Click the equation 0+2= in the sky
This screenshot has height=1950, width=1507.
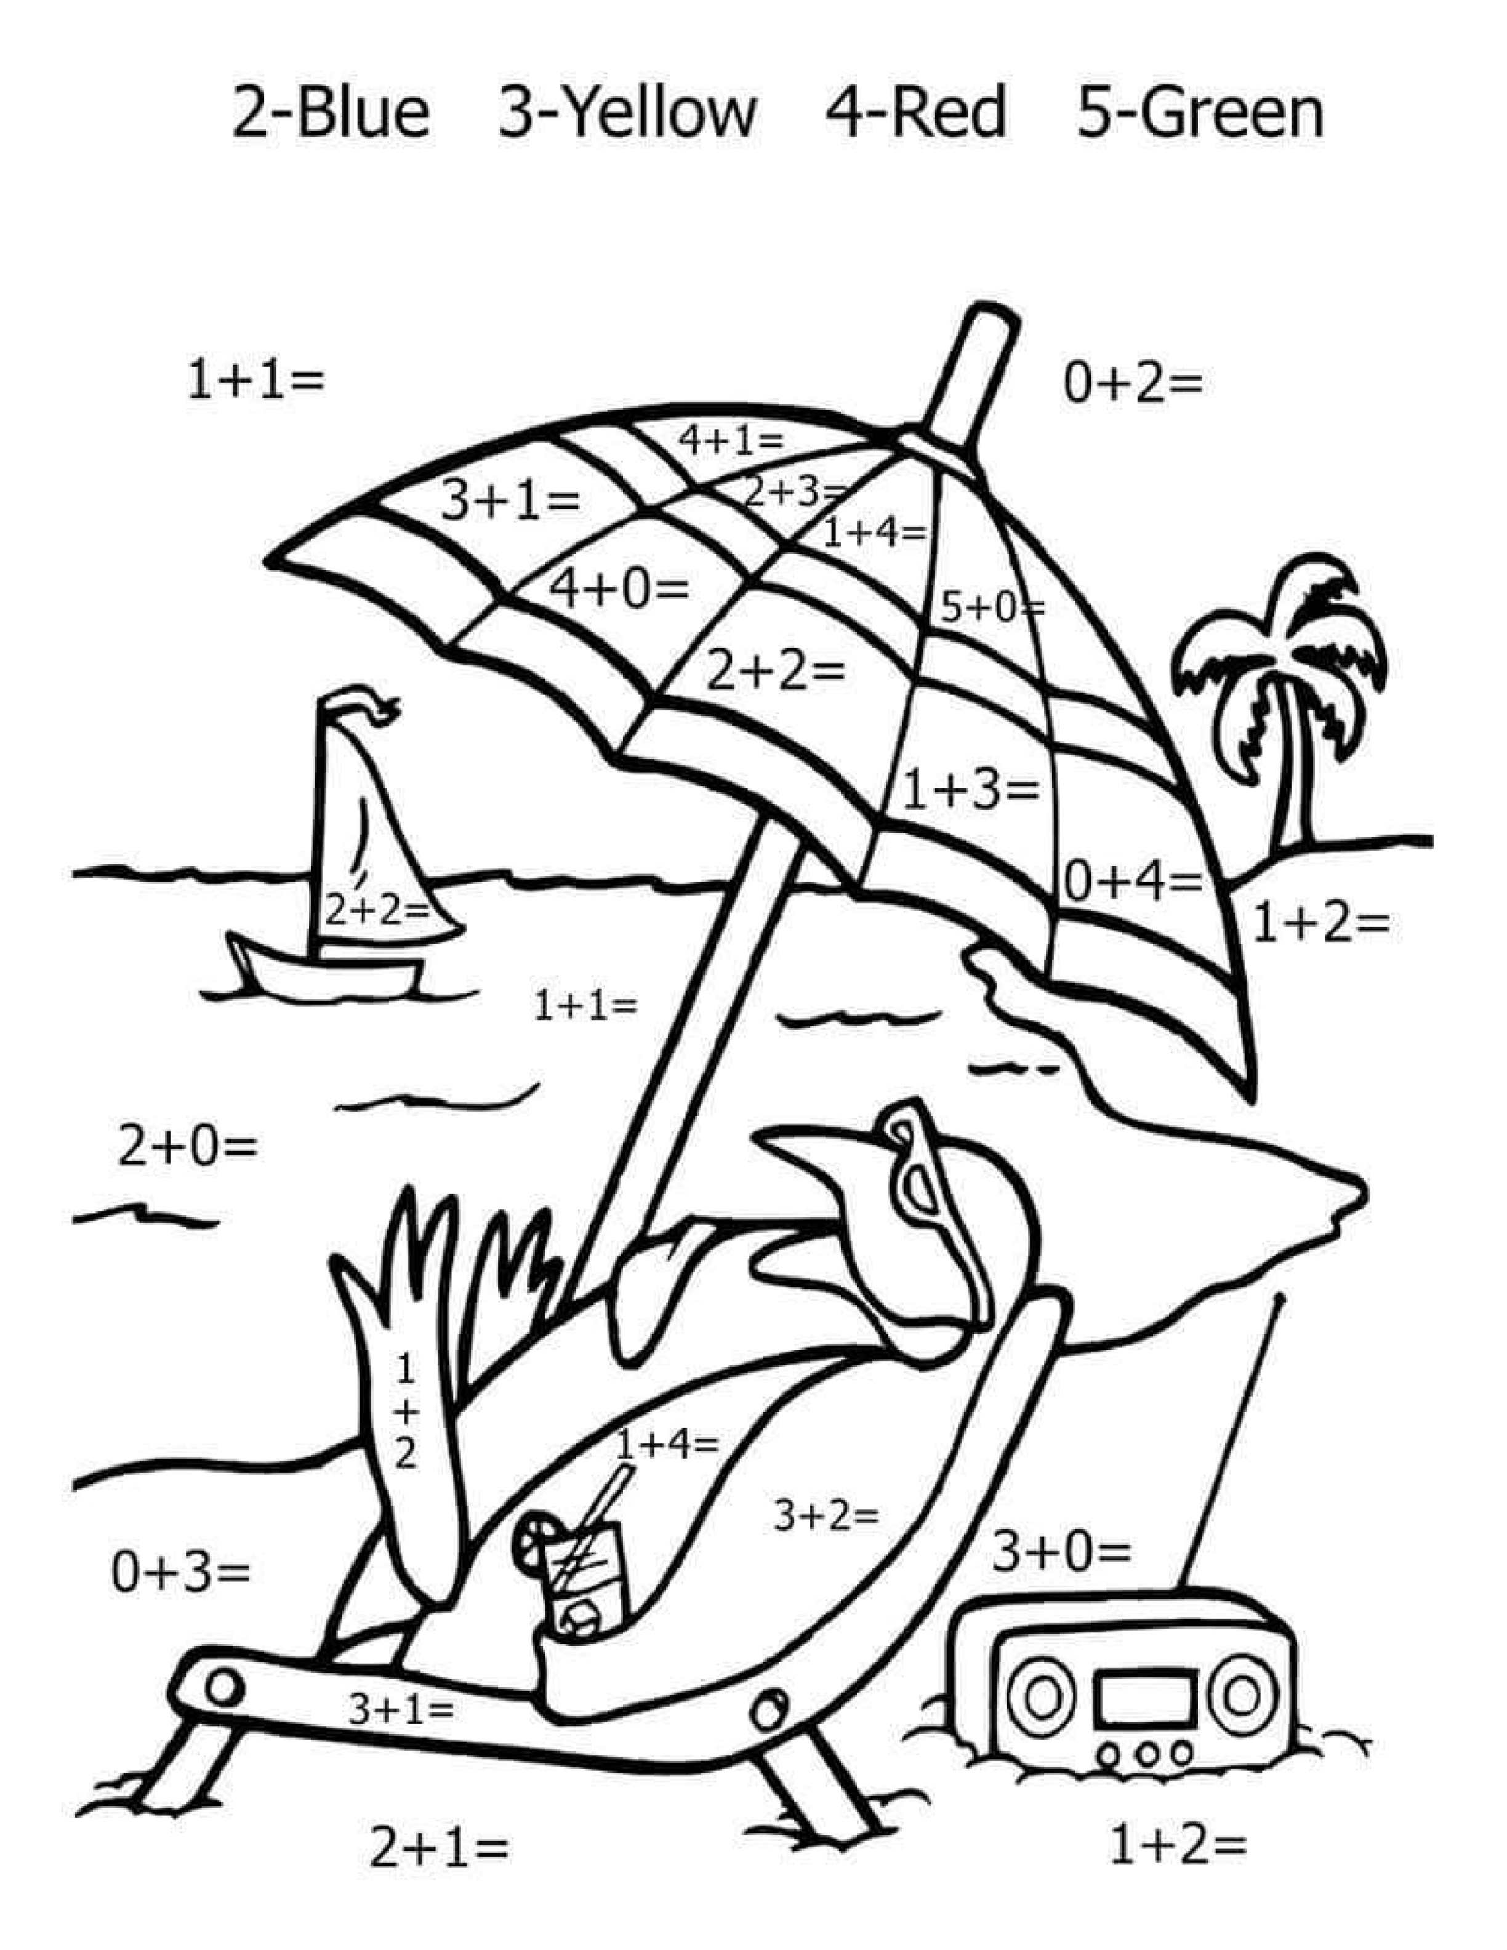[x=1132, y=383]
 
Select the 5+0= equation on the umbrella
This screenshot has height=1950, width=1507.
[x=992, y=608]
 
